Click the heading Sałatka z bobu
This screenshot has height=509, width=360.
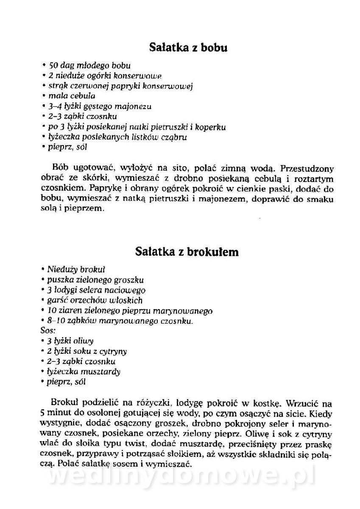pyautogui.click(x=188, y=48)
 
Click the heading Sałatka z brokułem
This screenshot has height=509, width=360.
pyautogui.click(x=187, y=252)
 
